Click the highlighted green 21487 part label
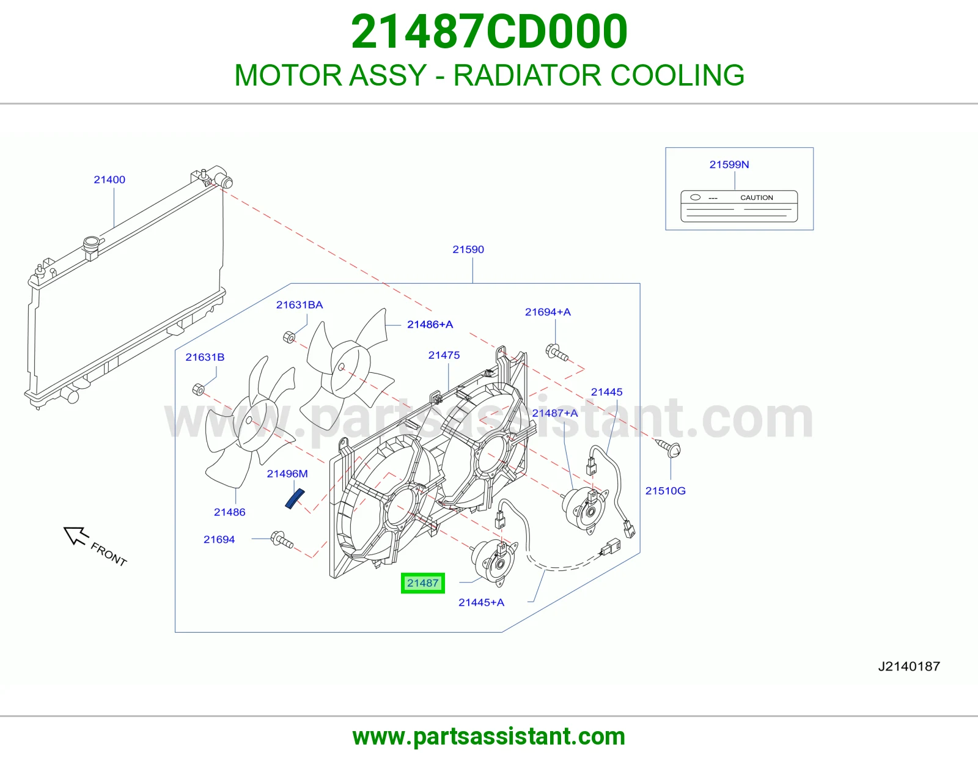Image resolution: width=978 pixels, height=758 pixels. pos(422,583)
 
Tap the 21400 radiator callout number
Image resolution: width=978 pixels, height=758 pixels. pos(109,180)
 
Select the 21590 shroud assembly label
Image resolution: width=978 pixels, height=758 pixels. pos(468,249)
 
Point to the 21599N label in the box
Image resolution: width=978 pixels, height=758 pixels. pos(729,165)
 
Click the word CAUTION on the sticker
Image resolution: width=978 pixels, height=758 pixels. pos(757,197)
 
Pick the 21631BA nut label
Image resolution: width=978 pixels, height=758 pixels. pos(300,305)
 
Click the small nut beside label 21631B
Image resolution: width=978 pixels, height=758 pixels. pos(198,389)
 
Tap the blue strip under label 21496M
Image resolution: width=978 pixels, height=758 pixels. pos(295,499)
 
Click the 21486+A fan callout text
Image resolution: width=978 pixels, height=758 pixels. pos(430,325)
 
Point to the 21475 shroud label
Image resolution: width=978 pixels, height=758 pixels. pos(444,355)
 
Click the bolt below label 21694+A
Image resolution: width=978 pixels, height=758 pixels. pos(557,352)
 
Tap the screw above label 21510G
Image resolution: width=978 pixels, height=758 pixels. pos(668,448)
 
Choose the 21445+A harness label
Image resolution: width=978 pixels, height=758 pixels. pos(481,602)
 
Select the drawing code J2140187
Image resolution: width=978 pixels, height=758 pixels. pos(909,666)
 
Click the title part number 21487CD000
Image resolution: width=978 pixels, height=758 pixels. pos(489,32)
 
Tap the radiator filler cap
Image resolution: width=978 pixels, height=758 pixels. pos(91,243)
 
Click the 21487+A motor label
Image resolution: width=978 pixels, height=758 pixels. pos(554,413)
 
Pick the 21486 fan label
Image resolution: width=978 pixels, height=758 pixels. pos(230,512)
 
